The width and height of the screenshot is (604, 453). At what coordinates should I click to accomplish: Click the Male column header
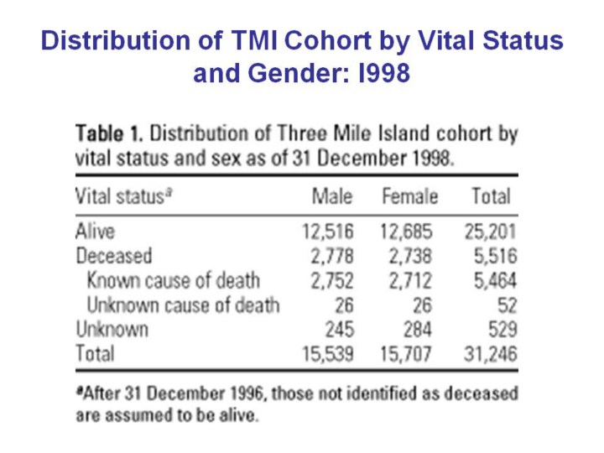(331, 197)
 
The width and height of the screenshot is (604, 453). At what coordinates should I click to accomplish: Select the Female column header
(409, 197)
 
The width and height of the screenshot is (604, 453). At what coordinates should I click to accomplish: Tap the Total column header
(491, 197)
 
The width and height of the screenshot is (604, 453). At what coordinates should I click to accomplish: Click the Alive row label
(95, 231)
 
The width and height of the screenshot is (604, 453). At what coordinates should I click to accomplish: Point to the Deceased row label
(114, 255)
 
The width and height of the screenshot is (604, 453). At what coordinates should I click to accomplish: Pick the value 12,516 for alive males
(327, 231)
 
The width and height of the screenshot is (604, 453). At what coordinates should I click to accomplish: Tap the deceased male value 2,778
(332, 255)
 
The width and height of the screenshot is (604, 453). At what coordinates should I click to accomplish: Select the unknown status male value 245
(338, 329)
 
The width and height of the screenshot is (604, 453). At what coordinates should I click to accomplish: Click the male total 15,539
(327, 354)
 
